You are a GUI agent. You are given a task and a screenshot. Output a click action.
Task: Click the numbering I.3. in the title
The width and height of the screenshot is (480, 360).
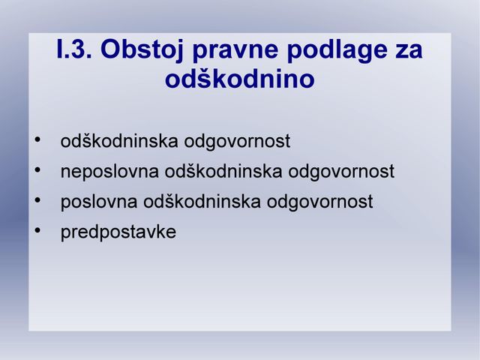74,49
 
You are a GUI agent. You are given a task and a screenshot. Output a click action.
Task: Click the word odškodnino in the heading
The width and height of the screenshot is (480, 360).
240,79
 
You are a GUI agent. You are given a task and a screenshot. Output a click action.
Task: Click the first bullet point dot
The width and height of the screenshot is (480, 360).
37,140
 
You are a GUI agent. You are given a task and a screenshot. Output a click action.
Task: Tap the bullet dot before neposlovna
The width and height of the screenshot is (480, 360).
37,170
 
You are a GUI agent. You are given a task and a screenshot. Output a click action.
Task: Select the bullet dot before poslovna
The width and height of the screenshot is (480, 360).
37,200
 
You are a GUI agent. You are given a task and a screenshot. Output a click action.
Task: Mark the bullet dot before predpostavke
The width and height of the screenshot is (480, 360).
37,230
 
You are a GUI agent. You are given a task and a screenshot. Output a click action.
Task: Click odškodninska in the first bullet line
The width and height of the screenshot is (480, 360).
119,141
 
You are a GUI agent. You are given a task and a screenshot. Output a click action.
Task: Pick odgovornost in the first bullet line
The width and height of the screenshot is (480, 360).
237,142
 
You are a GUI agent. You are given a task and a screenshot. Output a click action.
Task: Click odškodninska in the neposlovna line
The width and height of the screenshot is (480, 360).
223,171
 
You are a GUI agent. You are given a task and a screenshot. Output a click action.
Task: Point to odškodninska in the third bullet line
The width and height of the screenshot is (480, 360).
202,202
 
